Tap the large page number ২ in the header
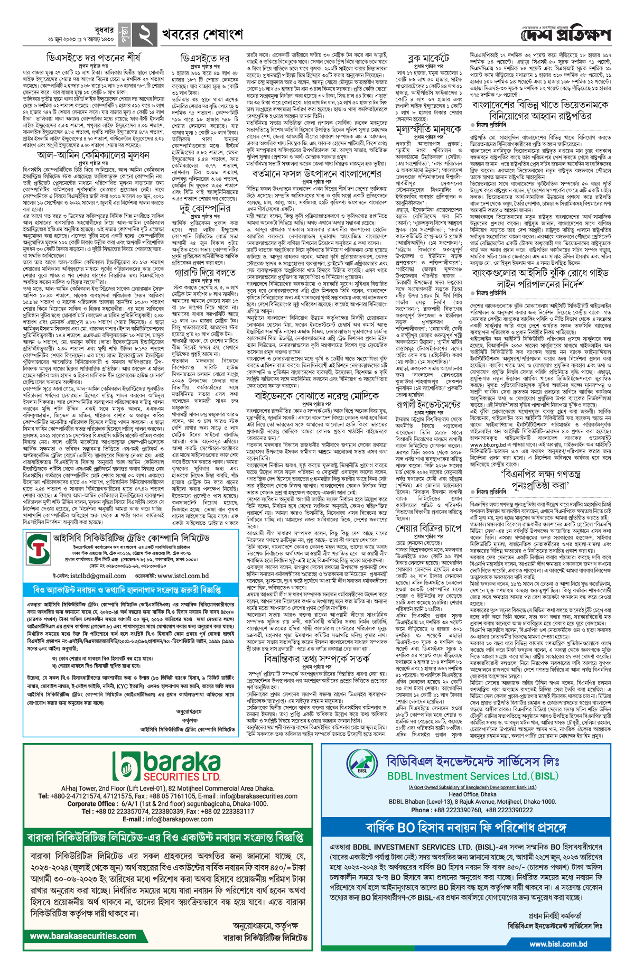(x=144, y=35)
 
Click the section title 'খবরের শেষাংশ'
(x=203, y=35)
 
